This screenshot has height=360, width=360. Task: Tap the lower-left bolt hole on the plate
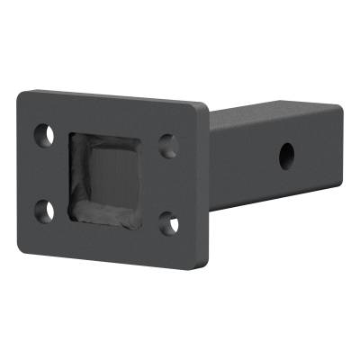coord(42,211)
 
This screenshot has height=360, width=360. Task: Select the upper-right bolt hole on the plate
coord(166,144)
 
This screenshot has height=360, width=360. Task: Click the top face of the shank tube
coord(270,112)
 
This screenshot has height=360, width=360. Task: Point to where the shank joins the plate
coord(212,162)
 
